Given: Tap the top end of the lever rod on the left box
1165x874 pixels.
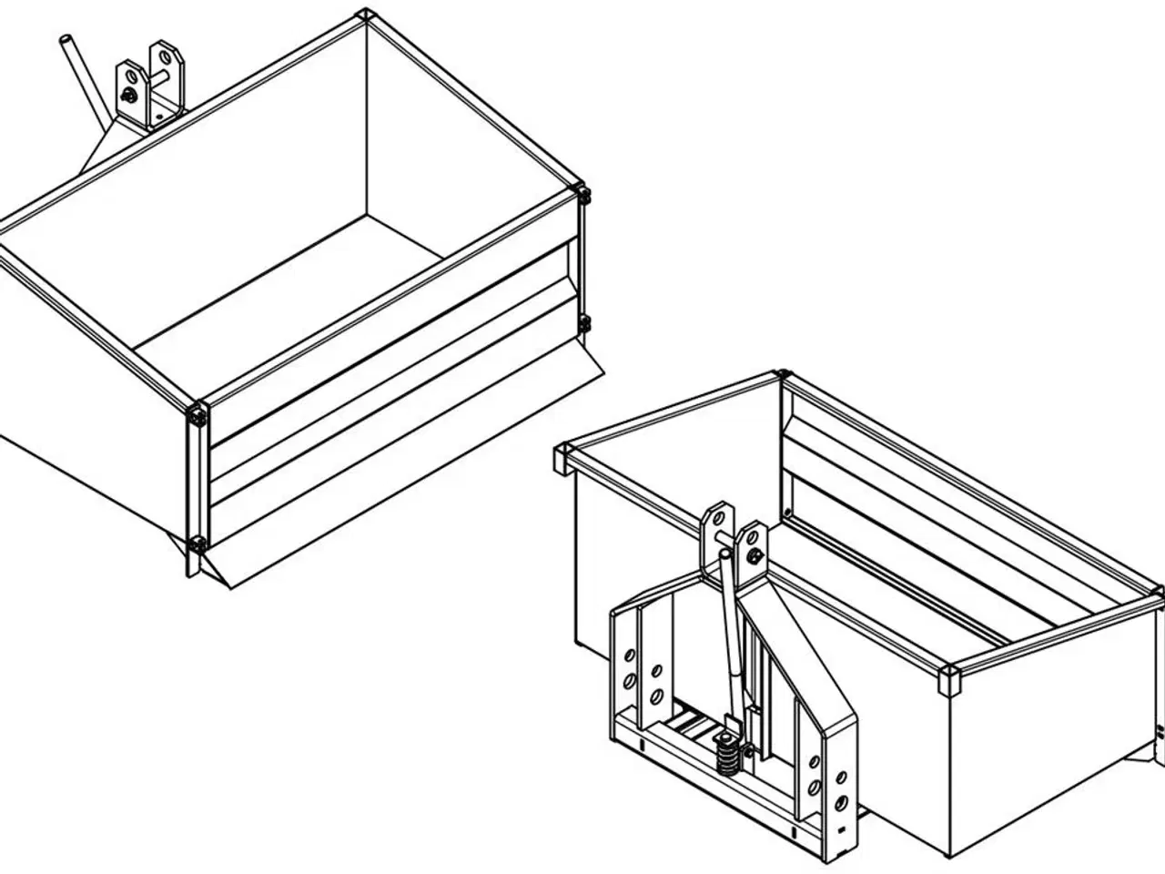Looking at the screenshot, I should point(66,41).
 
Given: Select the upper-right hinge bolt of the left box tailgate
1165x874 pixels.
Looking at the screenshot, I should point(583,194).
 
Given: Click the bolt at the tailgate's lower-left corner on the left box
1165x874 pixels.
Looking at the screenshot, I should point(198,545).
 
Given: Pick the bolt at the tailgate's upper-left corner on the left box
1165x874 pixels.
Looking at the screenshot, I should point(198,416).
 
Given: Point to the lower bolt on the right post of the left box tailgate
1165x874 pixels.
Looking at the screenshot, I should point(584,322).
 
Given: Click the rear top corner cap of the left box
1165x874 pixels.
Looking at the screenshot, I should point(365,15).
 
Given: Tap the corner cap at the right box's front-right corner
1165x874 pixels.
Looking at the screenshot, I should point(948,679).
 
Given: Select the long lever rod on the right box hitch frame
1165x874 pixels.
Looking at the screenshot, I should point(731,637).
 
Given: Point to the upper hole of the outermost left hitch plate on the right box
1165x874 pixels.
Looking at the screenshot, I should point(628,656).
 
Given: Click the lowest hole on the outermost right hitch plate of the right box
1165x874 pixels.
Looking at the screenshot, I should point(841,802).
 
